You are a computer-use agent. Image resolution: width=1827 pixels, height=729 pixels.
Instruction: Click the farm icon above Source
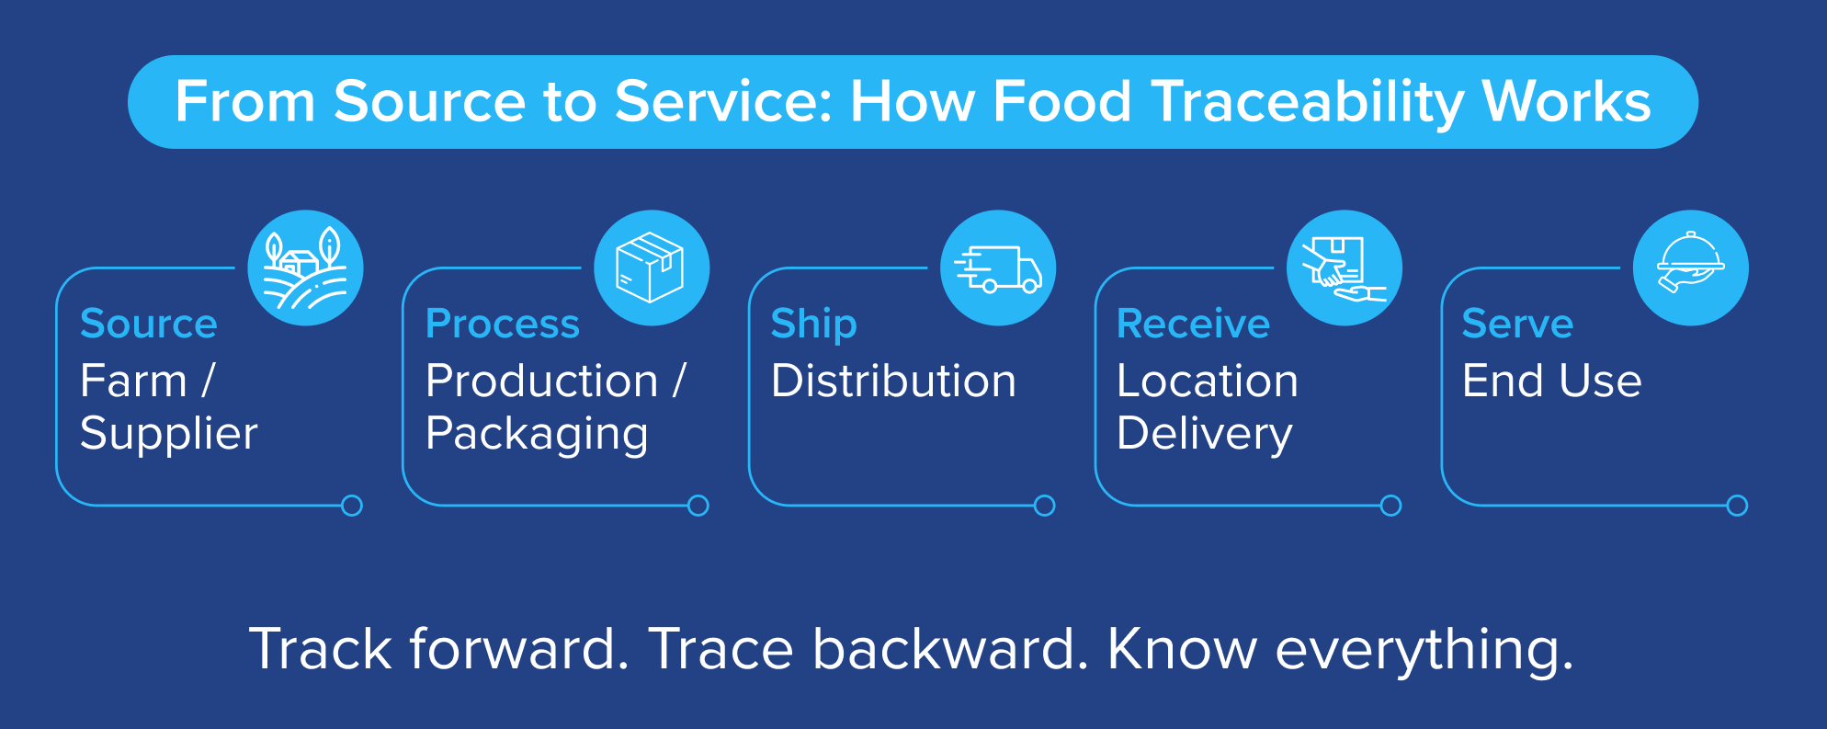click(306, 268)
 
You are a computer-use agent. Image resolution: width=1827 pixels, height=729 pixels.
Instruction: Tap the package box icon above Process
click(652, 268)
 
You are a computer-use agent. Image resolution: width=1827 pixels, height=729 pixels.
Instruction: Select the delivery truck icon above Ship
click(998, 268)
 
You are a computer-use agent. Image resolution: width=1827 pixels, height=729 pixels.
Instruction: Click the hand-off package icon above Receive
click(1345, 268)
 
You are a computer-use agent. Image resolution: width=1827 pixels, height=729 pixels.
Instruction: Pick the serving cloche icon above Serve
click(1691, 268)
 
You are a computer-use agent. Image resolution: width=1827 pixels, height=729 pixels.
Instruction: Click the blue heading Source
click(149, 324)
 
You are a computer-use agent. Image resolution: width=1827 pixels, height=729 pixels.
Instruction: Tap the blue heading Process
click(503, 324)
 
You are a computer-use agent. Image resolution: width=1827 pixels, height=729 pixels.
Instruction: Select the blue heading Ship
click(814, 324)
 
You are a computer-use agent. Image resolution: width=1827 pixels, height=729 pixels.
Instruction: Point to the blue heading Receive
click(1193, 324)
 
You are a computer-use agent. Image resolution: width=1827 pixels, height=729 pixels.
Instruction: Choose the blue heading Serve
click(1517, 324)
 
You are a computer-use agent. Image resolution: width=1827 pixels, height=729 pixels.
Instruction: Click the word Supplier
click(169, 433)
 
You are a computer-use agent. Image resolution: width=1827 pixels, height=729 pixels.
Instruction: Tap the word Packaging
click(538, 433)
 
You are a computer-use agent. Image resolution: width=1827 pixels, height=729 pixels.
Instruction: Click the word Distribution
click(893, 381)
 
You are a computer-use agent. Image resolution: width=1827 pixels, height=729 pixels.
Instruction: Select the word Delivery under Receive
click(1205, 433)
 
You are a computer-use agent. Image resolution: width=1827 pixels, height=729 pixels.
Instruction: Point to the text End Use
click(1551, 381)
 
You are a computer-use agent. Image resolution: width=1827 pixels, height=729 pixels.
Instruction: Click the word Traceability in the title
click(1307, 101)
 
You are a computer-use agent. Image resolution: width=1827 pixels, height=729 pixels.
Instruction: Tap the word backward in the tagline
click(945, 649)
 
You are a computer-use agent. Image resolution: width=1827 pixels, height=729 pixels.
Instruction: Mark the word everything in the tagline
click(1424, 649)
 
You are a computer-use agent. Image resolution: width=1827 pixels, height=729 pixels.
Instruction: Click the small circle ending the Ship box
click(1045, 506)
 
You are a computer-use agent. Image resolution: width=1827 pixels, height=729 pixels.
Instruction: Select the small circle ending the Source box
click(352, 506)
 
